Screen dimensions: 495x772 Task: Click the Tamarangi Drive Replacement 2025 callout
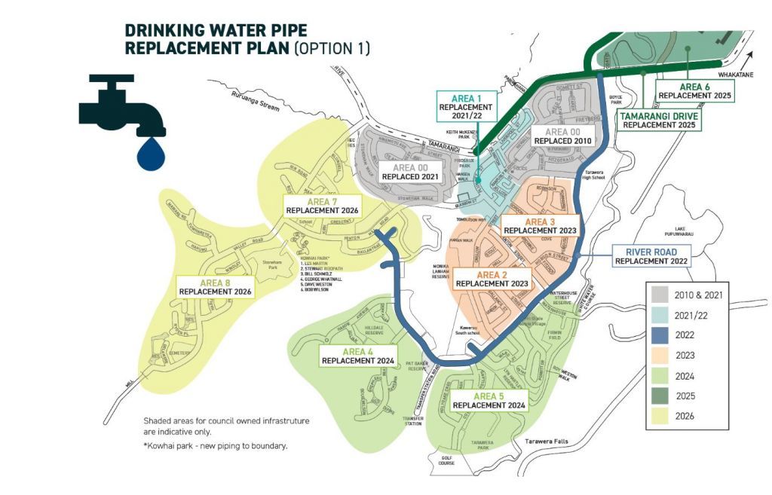tap(659, 121)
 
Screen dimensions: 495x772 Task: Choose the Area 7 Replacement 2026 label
tap(321, 205)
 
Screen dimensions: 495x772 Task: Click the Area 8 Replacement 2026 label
tap(215, 286)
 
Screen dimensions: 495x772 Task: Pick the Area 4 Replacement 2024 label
tap(358, 356)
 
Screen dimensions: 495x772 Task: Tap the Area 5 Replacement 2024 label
tap(489, 400)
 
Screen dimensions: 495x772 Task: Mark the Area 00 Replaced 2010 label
tap(561, 136)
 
